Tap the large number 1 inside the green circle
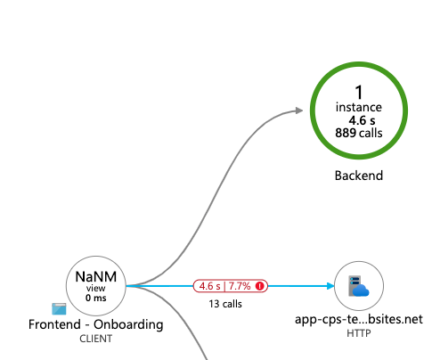point(358,92)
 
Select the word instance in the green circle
point(358,107)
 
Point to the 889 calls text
point(358,133)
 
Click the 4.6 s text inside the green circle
point(358,119)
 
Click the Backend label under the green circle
point(358,176)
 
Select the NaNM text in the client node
point(96,277)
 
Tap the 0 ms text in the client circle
point(96,298)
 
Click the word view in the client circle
point(96,289)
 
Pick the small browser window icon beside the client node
point(59,309)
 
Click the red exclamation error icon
point(260,286)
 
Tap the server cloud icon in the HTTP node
point(358,286)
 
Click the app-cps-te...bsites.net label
point(358,319)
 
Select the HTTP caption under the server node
point(358,333)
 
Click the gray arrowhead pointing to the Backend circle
point(298,110)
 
